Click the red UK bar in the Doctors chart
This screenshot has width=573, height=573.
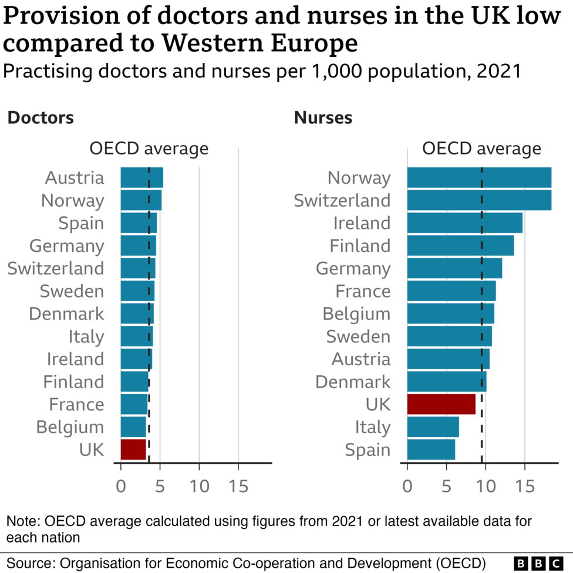pyautogui.click(x=133, y=449)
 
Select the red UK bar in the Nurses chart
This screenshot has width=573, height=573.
pyautogui.click(x=441, y=404)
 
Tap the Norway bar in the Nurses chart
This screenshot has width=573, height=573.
pyautogui.click(x=479, y=177)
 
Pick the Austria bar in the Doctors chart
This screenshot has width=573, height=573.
pyautogui.click(x=141, y=177)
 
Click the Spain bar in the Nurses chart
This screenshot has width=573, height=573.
pyautogui.click(x=431, y=450)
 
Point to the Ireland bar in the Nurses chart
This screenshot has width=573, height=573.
pyautogui.click(x=464, y=223)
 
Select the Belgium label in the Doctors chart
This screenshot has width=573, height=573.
pyautogui.click(x=70, y=427)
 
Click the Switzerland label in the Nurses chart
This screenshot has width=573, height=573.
pyautogui.click(x=342, y=200)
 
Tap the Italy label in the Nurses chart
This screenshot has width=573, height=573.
pyautogui.click(x=372, y=427)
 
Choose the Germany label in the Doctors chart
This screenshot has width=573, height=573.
pyautogui.click(x=66, y=245)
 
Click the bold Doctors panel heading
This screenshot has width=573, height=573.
pyautogui.click(x=41, y=117)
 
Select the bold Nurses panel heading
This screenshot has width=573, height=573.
pyautogui.click(x=323, y=117)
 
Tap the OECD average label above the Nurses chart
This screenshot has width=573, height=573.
pyautogui.click(x=481, y=149)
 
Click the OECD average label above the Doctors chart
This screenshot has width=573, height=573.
pyautogui.click(x=149, y=149)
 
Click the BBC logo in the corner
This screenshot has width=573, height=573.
pyautogui.click(x=537, y=562)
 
